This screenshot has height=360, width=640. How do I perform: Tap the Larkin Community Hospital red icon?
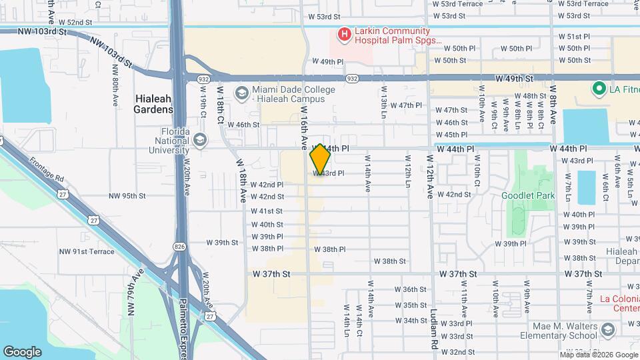pos(344,33)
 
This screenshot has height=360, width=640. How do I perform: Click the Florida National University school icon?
pos(200,139)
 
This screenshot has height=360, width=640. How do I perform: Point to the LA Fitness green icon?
pos(599,88)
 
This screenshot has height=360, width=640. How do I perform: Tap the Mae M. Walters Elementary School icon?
pos(607,330)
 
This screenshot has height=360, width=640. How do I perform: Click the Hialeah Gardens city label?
pos(153,103)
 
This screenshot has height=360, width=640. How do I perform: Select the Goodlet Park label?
pos(528,196)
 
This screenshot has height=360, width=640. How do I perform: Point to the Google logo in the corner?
pos(22,351)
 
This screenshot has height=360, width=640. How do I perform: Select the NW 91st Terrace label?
pos(87,251)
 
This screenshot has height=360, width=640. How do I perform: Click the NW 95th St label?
pos(127,196)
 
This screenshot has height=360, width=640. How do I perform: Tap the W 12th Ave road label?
pos(429,175)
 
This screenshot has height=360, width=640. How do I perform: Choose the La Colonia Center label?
pos(619,303)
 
